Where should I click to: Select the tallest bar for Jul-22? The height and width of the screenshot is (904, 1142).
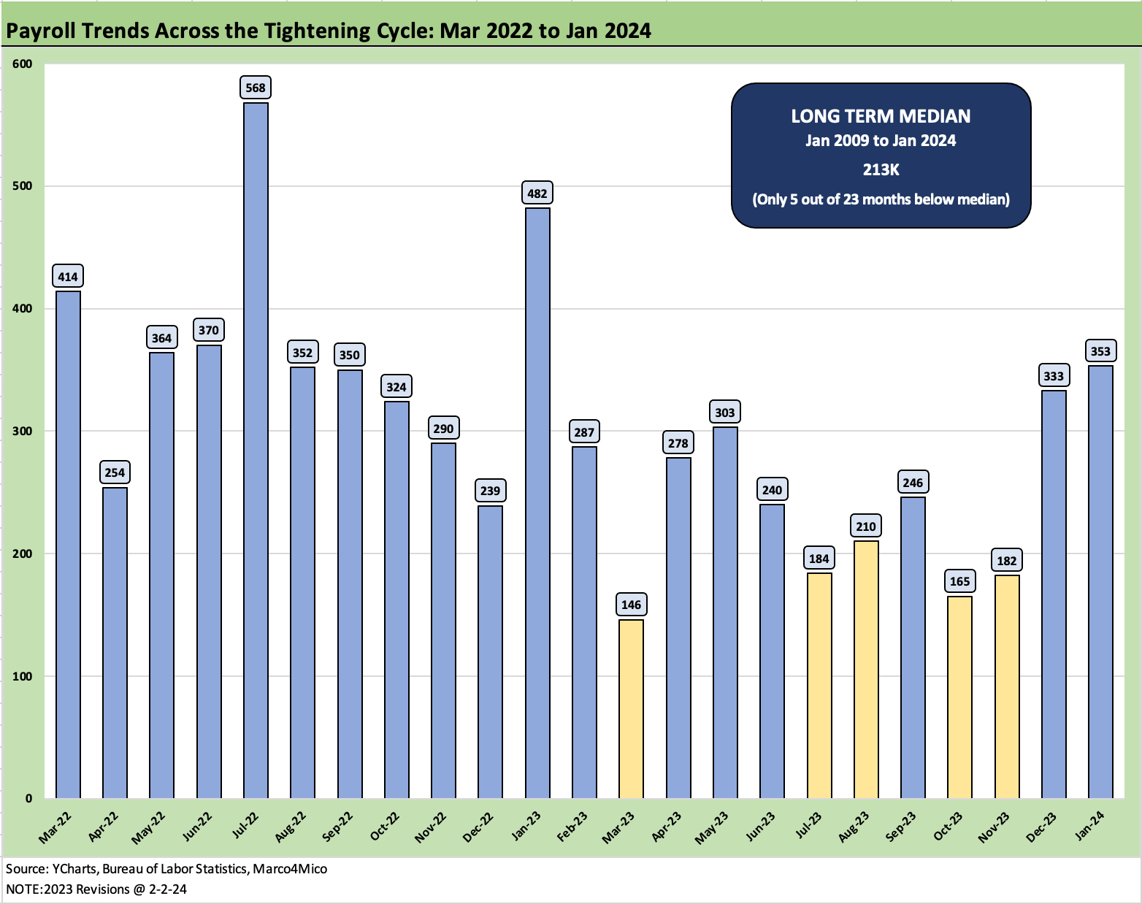(256, 450)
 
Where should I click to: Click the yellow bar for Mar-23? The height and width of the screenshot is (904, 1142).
(631, 708)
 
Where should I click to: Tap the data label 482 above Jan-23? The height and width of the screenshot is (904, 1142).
(537, 194)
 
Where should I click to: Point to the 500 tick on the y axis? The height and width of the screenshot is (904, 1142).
(23, 186)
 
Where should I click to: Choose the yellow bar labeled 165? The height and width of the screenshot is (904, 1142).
(959, 697)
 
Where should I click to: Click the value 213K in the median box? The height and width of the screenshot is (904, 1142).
(881, 169)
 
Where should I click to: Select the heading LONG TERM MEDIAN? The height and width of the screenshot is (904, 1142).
(881, 116)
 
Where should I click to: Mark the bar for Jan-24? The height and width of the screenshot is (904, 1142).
(1100, 581)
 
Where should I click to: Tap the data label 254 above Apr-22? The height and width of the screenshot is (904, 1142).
(115, 472)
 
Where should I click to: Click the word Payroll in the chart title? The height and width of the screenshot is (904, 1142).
(41, 31)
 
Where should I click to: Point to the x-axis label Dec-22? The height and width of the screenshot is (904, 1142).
(480, 827)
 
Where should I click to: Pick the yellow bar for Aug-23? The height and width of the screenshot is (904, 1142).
(866, 669)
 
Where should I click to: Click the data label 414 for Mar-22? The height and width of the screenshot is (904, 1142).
(68, 277)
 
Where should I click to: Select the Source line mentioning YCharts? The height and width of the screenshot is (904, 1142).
(166, 869)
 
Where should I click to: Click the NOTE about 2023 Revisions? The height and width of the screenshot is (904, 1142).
(96, 889)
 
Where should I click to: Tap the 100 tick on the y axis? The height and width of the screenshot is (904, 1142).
(23, 676)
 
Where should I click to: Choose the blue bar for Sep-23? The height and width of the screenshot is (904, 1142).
(913, 647)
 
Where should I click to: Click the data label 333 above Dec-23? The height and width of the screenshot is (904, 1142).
(1053, 376)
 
